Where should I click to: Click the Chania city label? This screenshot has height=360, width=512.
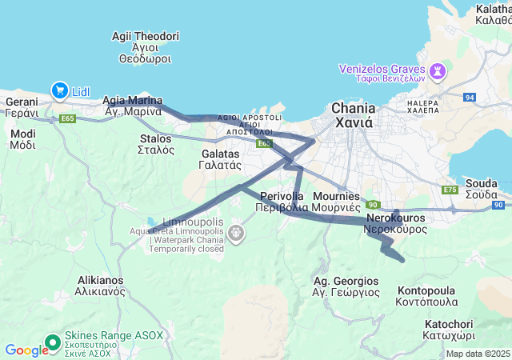point(353,115)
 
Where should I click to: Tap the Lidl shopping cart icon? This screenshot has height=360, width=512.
point(59,91)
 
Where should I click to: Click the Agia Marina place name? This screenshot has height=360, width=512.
point(134,106)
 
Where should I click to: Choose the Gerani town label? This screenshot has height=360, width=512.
point(22,108)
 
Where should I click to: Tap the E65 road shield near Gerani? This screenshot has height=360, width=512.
point(68,119)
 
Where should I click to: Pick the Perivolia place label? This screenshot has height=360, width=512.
point(282,202)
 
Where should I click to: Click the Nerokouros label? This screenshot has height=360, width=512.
point(395,223)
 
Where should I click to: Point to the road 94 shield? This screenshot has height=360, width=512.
point(470,97)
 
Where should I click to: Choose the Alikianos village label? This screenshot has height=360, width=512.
point(100,286)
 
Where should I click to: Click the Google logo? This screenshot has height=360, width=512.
point(26,350)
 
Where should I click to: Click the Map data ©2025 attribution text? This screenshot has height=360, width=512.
point(478,354)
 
